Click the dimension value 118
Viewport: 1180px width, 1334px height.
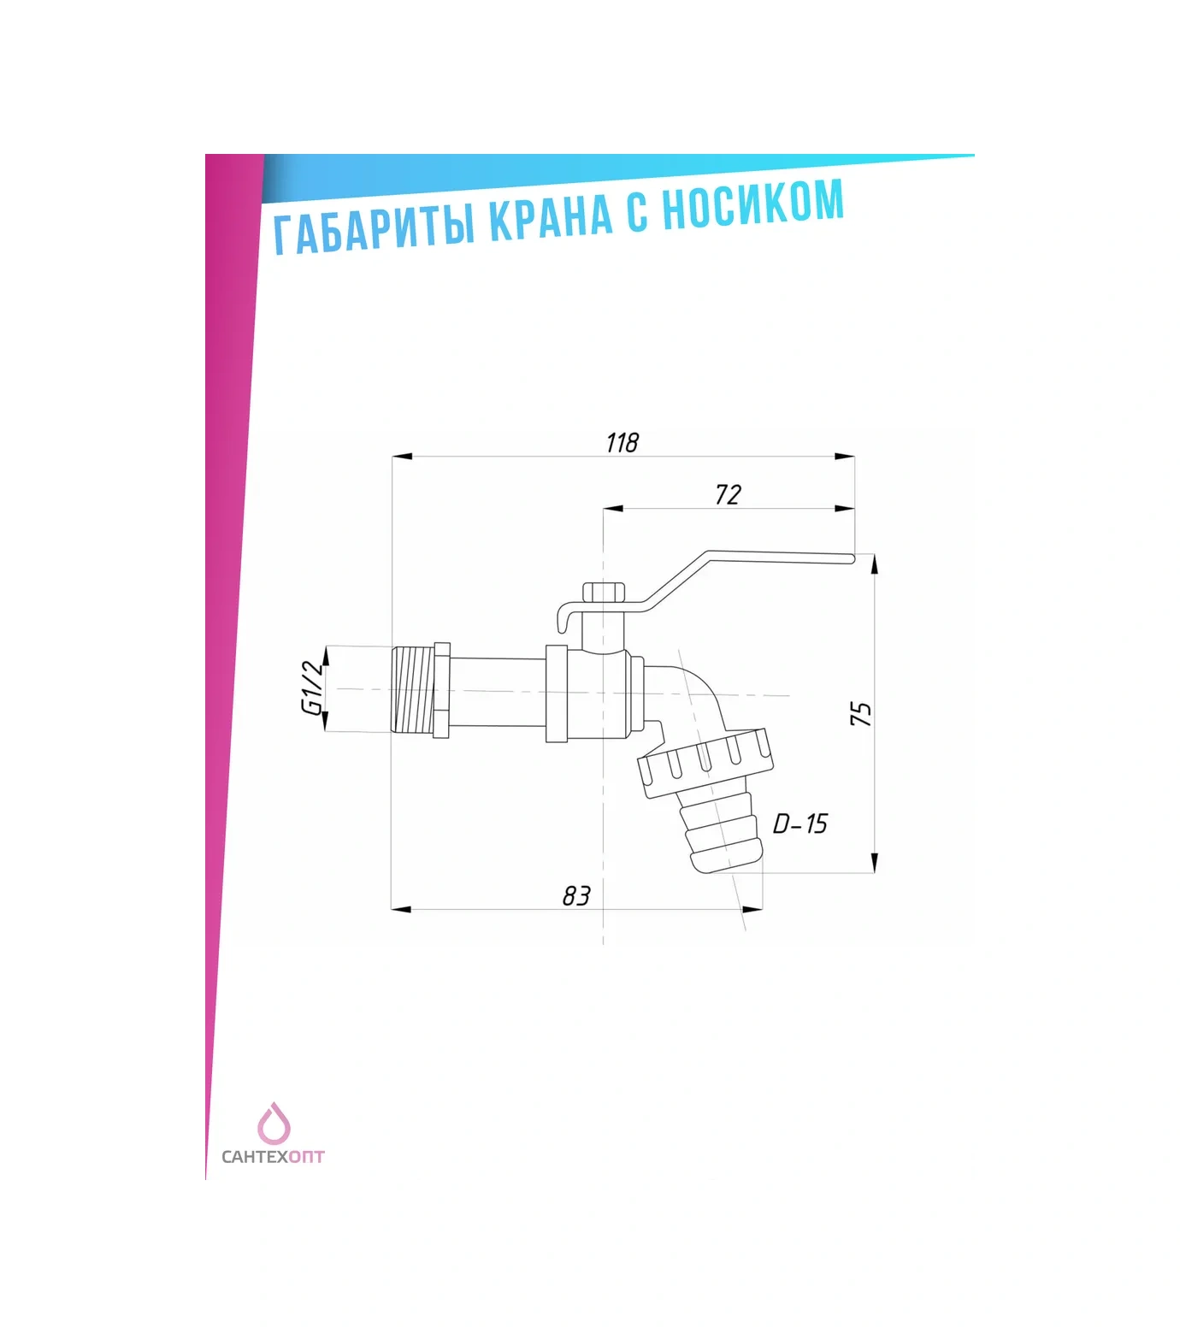[x=622, y=443]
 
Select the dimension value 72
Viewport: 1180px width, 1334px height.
[x=728, y=494]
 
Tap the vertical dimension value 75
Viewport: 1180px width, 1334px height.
[x=861, y=714]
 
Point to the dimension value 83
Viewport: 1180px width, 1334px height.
[x=576, y=895]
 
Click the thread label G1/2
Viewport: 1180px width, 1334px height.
[x=313, y=688]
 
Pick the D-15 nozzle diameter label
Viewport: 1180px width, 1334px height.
[x=800, y=823]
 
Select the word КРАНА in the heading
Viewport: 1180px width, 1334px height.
[x=552, y=216]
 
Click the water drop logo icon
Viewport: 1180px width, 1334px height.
[x=274, y=1124]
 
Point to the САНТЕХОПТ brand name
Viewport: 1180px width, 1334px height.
[x=273, y=1157]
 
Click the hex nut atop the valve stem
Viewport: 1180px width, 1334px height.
[x=604, y=593]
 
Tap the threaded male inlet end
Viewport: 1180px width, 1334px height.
[x=413, y=689]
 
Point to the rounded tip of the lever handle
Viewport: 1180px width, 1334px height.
[x=852, y=558]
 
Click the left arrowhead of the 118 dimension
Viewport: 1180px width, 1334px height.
[x=402, y=457]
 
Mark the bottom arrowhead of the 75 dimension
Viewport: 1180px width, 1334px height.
[x=874, y=863]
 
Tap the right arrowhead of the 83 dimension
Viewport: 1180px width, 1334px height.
[x=752, y=910]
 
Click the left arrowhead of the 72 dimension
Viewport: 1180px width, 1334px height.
[x=613, y=509]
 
